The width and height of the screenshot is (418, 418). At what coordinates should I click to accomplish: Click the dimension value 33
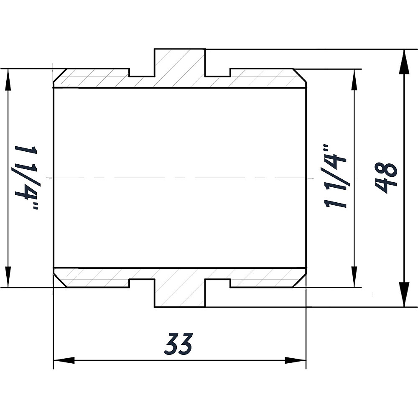179,344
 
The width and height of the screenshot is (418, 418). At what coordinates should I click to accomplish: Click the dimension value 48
385,178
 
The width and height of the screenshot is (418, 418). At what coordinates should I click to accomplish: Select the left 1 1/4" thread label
26,177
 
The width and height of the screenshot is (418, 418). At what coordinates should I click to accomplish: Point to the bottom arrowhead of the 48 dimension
404,294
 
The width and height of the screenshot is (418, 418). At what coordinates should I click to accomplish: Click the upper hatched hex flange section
180,67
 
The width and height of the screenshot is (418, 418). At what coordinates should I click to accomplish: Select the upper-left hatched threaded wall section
96,78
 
